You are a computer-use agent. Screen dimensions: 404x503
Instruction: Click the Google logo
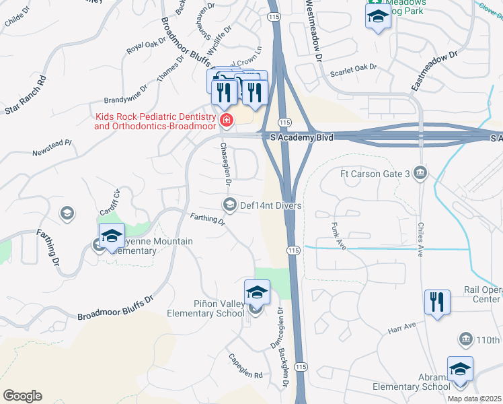[22, 396]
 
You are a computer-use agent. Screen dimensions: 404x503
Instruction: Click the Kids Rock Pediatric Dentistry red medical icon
[227, 121]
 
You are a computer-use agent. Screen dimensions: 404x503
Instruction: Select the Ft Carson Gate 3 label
[375, 174]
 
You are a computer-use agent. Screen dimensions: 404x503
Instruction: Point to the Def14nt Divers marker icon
[229, 205]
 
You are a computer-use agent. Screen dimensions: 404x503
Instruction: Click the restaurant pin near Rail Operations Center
[437, 303]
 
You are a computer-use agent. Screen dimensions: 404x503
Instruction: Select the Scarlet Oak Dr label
[353, 69]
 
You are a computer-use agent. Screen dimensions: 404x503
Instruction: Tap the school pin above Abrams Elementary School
[460, 369]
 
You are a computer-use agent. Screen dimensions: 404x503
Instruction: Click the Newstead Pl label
[51, 150]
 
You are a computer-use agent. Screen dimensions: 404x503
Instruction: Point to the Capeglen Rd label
[244, 366]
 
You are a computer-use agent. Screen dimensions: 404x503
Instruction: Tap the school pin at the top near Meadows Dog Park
[378, 16]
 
